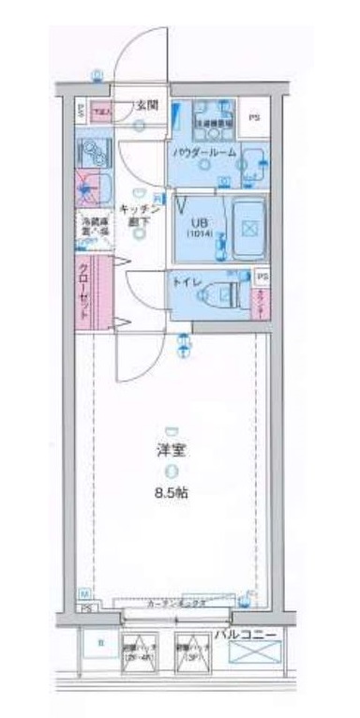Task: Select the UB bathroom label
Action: [x=200, y=223]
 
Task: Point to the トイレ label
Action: [x=184, y=278]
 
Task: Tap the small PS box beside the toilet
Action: [x=262, y=277]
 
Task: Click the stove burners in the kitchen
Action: [x=91, y=152]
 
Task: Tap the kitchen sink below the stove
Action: [x=94, y=187]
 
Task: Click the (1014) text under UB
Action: [x=200, y=235]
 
